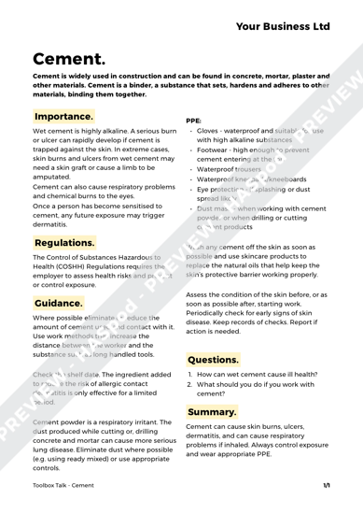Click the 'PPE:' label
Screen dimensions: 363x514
click(196, 121)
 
